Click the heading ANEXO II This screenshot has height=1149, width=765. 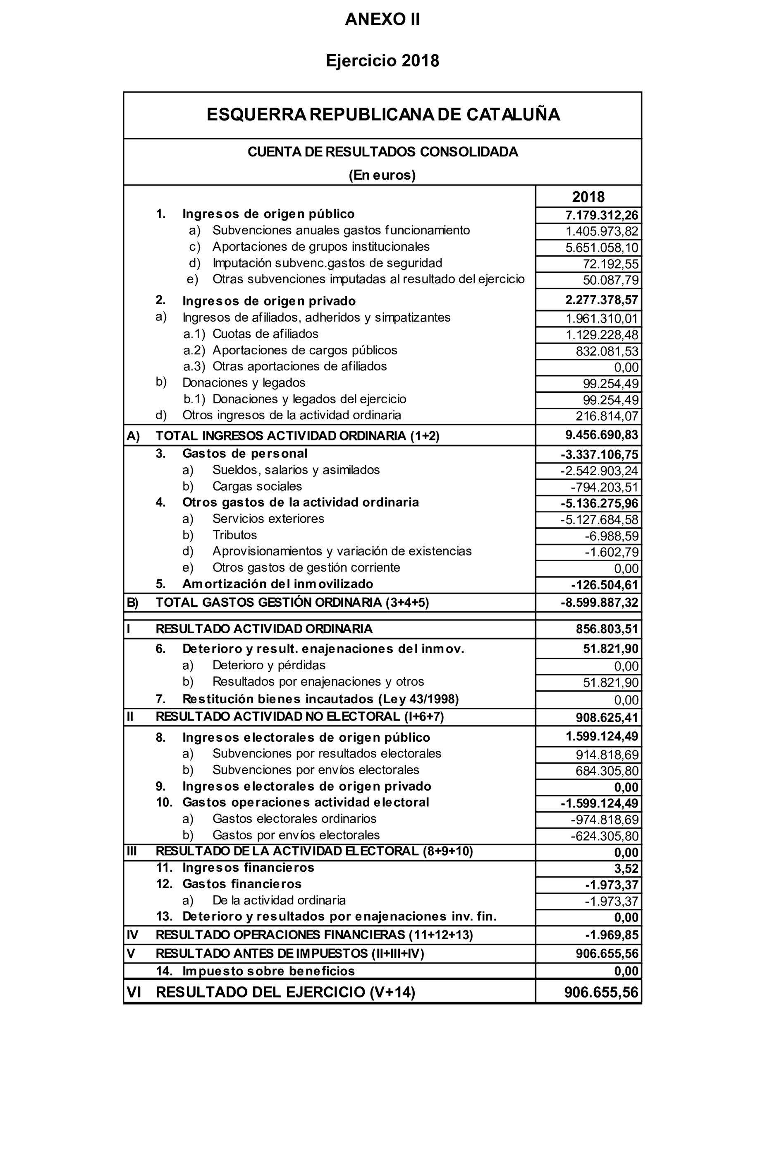click(382, 19)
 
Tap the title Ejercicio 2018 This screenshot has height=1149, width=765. click(382, 60)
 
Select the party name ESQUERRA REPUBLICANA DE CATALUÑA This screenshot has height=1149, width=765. click(383, 114)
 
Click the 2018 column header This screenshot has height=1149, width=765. click(588, 197)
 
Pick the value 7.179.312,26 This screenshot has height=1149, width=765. click(602, 215)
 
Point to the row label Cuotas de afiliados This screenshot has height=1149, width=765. click(265, 334)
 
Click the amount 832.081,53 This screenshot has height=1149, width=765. click(607, 351)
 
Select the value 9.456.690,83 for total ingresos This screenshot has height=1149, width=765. click(602, 435)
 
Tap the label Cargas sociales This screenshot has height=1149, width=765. click(257, 486)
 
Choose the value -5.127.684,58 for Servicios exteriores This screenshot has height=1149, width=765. click(599, 520)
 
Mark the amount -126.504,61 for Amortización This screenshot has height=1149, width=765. click(605, 585)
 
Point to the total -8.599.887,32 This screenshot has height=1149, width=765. click(599, 603)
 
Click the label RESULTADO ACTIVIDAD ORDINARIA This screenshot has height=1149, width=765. click(264, 629)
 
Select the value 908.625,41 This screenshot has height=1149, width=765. click(607, 718)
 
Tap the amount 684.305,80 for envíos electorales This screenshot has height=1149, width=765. click(607, 771)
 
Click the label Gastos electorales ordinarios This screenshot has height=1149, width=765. click(294, 819)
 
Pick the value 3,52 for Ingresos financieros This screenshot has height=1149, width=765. click(626, 869)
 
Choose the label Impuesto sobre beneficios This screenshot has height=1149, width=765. click(268, 971)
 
